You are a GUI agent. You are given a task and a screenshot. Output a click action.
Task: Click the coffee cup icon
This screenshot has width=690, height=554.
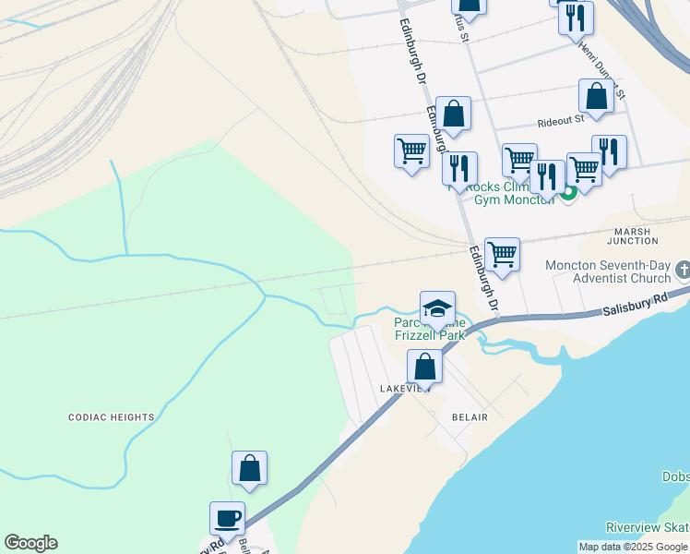[227, 518]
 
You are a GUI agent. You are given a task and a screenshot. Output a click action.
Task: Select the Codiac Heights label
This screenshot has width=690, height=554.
[112, 417]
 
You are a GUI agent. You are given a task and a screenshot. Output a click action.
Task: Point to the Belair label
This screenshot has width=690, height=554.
[469, 417]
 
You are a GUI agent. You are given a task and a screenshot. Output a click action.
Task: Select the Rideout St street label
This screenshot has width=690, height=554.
[561, 121]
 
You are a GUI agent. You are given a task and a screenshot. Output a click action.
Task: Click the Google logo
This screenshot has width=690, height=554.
[30, 543]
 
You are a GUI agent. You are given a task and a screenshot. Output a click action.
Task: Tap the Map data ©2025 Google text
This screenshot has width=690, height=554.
[632, 547]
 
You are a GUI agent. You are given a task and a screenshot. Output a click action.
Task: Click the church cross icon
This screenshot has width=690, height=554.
[683, 270]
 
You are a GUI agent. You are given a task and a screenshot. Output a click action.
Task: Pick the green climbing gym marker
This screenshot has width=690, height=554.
[569, 192]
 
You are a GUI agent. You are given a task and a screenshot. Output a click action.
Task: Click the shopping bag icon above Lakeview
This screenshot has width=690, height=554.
[424, 367]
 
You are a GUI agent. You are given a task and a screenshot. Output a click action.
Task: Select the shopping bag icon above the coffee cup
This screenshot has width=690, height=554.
[249, 468]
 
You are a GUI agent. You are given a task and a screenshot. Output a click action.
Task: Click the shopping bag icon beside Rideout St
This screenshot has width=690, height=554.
[596, 96]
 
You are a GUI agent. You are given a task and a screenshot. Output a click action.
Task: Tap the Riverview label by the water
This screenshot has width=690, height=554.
[646, 527]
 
